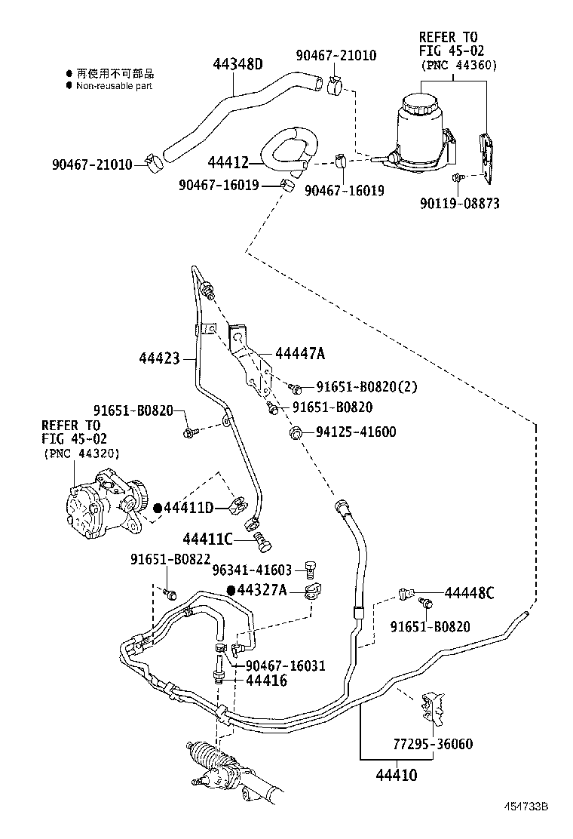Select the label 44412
pos(228,161)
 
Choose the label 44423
pos(160,358)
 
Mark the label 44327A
pos(262,590)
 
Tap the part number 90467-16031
pos(285,665)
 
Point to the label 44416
pos(265,681)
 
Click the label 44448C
pos(468,592)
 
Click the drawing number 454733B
pos(525,807)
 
